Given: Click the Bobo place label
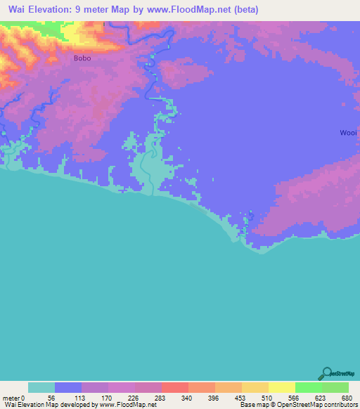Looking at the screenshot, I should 82,59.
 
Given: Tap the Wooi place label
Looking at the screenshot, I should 349,132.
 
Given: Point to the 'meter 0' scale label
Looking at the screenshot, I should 14,397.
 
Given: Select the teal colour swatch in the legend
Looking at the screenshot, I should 41,387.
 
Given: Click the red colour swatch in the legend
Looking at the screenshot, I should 175,387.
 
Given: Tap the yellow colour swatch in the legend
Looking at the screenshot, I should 281,387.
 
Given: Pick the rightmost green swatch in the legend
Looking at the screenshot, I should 335,387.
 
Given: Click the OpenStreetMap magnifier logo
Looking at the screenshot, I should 326,373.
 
